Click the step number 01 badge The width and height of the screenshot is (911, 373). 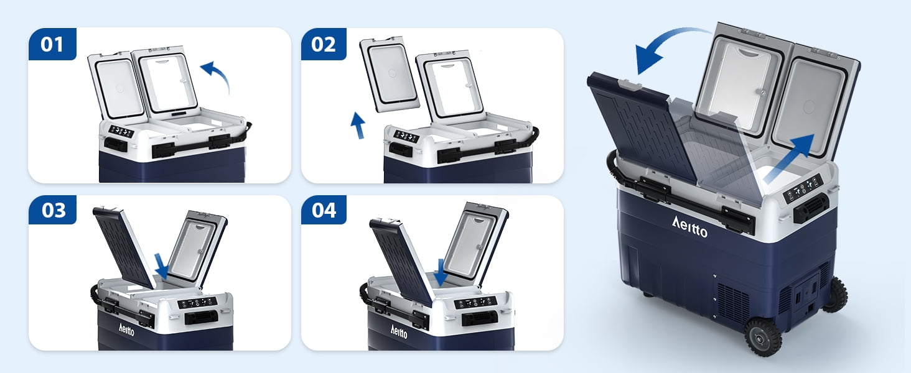52,44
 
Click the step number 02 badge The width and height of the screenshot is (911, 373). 324,44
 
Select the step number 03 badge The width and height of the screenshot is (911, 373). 52,210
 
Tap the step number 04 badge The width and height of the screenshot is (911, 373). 324,210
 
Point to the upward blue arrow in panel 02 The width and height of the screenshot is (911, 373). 358,126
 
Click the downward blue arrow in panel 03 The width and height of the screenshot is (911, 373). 162,265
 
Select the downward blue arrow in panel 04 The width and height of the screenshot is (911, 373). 441,272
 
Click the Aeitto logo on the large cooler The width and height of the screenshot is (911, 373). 689,227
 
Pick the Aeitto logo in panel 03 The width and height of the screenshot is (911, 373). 126,329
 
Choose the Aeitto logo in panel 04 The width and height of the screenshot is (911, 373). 398,331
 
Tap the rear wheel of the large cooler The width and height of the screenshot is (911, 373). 836,295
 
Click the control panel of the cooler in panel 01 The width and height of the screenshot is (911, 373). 121,132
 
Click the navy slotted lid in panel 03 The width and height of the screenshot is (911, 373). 123,247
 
